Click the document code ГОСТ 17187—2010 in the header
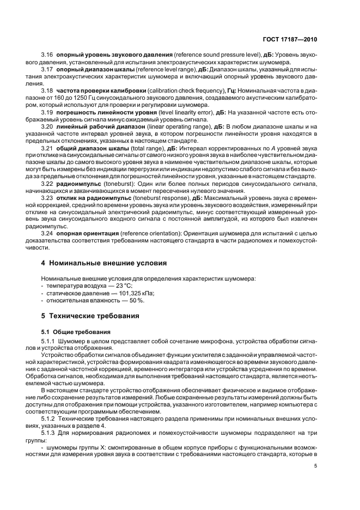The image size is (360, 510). (288, 39)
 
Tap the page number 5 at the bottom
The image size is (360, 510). (315, 466)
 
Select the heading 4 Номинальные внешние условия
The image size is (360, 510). (104, 263)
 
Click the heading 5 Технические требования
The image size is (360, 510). (95, 315)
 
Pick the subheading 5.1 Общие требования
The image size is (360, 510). (76, 331)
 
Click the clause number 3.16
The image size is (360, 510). (47, 56)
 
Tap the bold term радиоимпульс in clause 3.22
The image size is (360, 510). (79, 184)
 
